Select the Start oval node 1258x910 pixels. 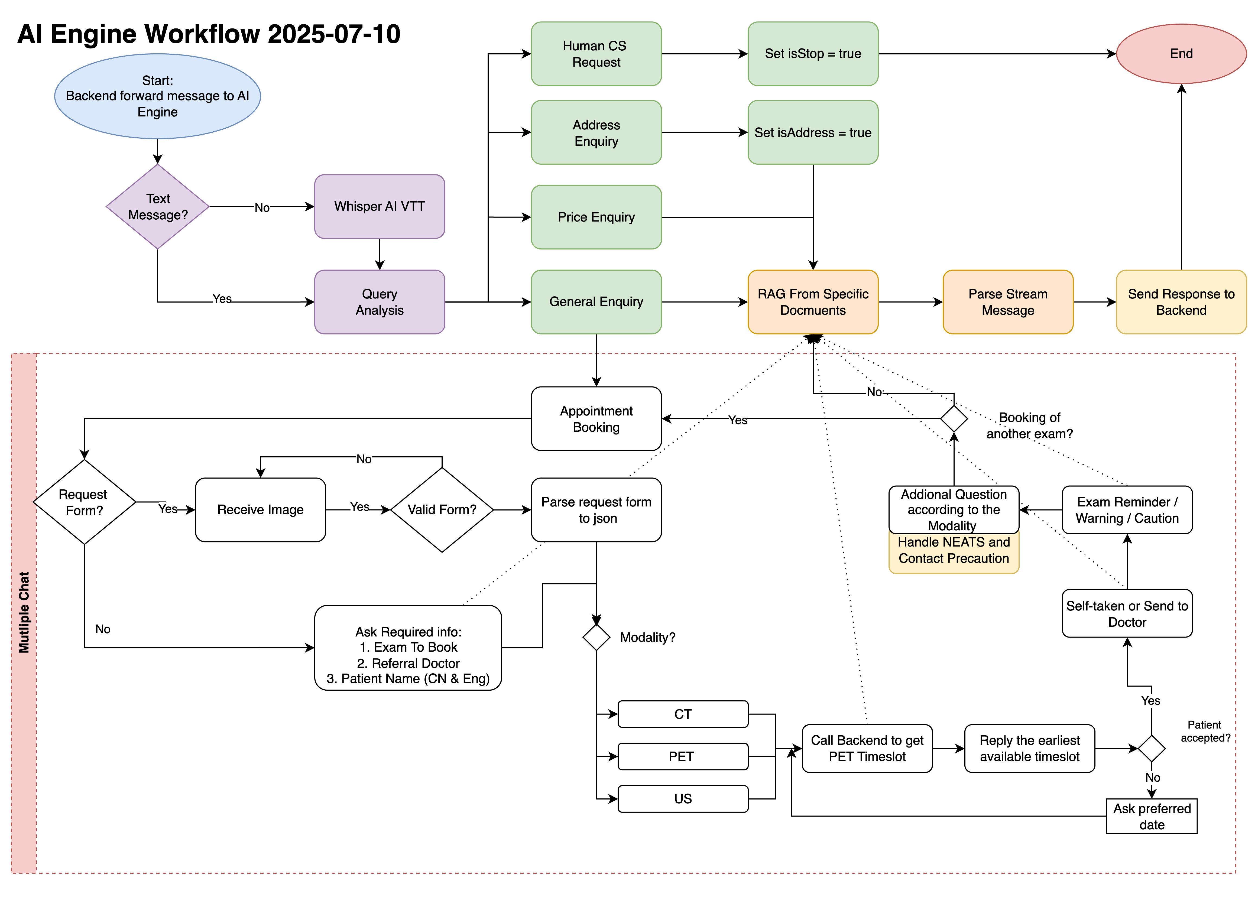pos(158,96)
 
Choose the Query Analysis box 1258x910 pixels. pos(380,302)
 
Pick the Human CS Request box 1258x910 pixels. pos(596,54)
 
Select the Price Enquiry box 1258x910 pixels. pos(596,217)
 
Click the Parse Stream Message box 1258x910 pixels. pos(1008,302)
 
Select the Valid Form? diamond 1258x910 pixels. pos(442,510)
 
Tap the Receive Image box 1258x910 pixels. pos(260,510)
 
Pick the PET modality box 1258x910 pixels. pos(683,756)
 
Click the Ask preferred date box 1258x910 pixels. pos(1152,816)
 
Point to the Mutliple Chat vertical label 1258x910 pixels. pos(24,613)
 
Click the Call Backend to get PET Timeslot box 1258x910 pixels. pos(867,749)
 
